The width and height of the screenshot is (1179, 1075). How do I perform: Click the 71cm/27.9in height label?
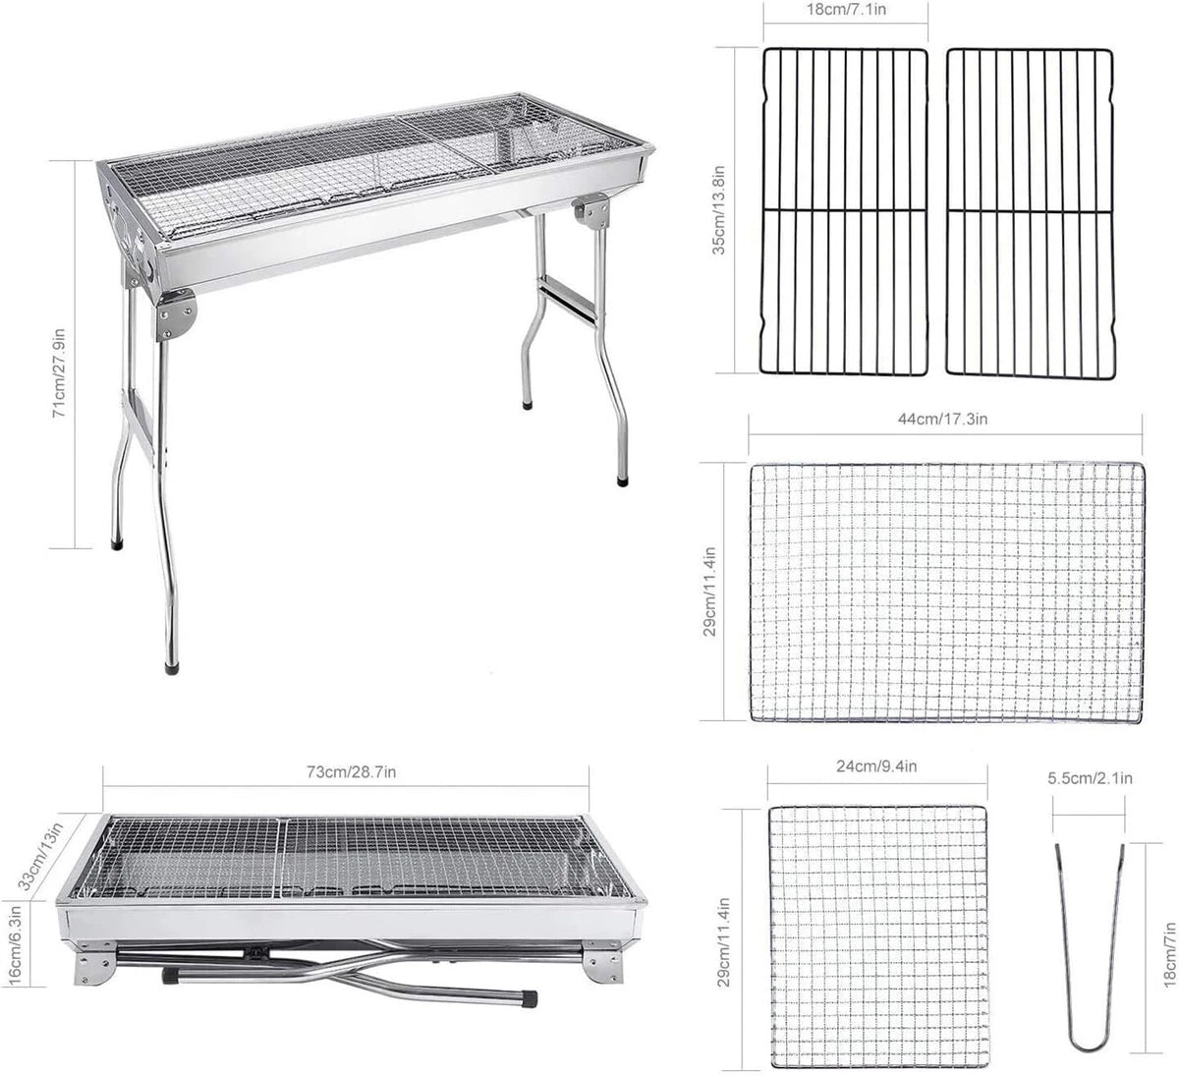pyautogui.click(x=59, y=372)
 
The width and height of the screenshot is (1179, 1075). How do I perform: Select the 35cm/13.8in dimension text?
pyautogui.click(x=718, y=210)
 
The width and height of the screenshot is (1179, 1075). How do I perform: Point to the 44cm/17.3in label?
pyautogui.click(x=943, y=419)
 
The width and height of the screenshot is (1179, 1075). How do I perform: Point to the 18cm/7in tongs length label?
pyautogui.click(x=1170, y=951)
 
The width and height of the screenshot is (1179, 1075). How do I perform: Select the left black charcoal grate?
pyautogui.click(x=844, y=211)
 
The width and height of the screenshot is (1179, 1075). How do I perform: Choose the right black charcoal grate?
pyautogui.click(x=1030, y=213)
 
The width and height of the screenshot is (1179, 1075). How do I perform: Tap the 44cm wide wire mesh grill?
pyautogui.click(x=947, y=593)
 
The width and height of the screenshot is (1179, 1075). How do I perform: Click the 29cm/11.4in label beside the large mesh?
pyautogui.click(x=709, y=592)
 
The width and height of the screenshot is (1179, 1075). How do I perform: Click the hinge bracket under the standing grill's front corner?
pyautogui.click(x=175, y=316)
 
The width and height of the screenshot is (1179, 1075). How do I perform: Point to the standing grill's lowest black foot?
pyautogui.click(x=171, y=668)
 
